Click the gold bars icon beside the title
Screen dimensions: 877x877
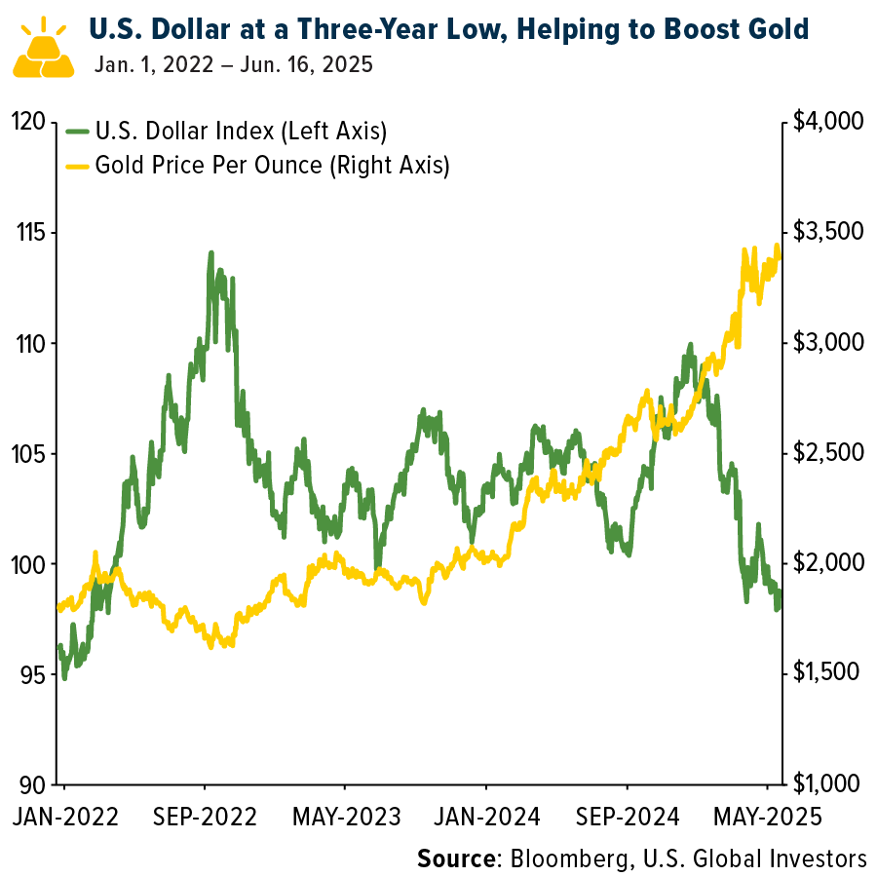(x=43, y=49)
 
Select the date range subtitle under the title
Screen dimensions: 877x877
(x=234, y=67)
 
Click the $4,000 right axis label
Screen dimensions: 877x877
(x=829, y=122)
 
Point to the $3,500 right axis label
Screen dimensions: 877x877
(x=829, y=233)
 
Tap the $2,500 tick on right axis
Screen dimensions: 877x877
(x=829, y=453)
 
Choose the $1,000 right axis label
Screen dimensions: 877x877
(x=829, y=784)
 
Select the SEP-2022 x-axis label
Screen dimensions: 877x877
(x=204, y=816)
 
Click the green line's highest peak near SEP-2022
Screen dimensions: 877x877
(x=210, y=252)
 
